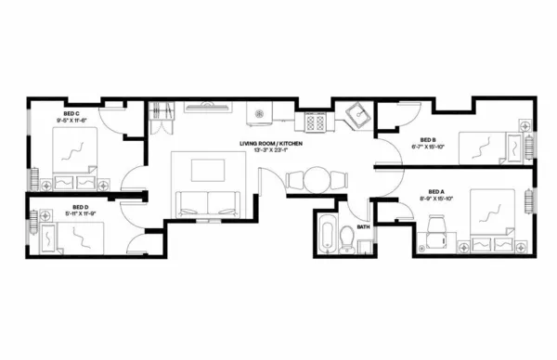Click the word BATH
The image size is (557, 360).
363,225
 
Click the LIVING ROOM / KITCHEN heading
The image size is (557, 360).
270,144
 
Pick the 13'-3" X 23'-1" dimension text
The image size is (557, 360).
270,151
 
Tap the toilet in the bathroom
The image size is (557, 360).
345,238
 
